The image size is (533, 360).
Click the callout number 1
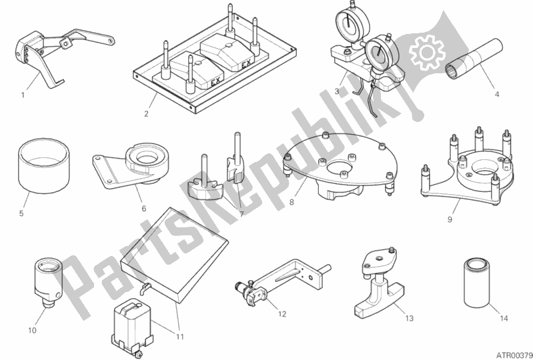(23, 95)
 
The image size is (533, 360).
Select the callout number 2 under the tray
(146, 114)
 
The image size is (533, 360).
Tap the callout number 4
(496, 95)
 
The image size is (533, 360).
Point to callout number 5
(21, 213)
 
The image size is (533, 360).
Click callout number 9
(450, 220)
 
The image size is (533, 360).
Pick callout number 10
(32, 330)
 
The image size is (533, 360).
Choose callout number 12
(282, 314)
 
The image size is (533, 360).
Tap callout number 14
(504, 318)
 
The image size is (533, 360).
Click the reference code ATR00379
(514, 355)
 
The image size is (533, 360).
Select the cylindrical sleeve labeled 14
(477, 283)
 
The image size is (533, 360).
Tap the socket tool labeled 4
(474, 59)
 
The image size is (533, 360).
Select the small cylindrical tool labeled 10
(48, 283)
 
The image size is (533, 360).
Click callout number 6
(144, 209)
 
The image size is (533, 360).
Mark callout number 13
(410, 318)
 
